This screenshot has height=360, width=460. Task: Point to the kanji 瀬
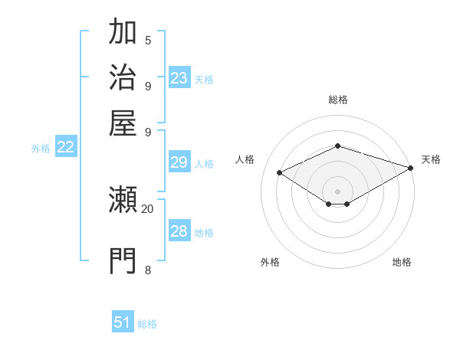123,201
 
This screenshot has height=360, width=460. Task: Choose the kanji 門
123,260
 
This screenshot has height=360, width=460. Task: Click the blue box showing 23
179,78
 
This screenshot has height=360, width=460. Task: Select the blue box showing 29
179,162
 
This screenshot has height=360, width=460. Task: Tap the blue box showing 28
179,231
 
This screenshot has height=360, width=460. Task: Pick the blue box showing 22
65,148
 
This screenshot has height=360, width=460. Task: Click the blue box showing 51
123,322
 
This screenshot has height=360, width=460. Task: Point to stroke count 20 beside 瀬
147,208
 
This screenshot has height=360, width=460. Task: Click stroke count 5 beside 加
148,40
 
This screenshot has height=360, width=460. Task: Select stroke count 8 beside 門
148,269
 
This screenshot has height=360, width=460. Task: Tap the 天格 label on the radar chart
431,159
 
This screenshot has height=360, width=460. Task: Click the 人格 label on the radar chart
245,159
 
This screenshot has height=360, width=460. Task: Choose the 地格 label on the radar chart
402,262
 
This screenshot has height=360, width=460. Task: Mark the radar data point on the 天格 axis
411,167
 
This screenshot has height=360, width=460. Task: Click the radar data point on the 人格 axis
280,173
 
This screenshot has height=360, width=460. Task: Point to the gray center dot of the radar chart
337,190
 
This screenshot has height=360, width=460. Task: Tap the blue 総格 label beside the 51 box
147,324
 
